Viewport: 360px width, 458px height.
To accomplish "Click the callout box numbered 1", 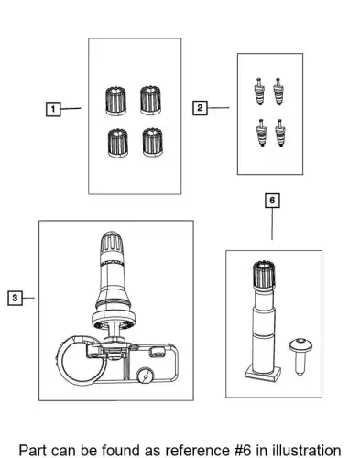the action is click(x=53, y=109).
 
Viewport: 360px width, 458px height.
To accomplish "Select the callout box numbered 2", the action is click(x=200, y=108).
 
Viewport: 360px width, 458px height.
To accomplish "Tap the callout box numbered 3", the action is click(x=15, y=298).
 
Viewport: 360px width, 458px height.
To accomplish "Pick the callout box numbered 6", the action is click(x=272, y=201).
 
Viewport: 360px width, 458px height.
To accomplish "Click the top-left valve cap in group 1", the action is click(x=116, y=101).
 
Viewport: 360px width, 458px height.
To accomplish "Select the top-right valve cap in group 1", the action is click(x=151, y=100).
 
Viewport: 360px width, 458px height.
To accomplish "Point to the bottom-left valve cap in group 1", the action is click(x=118, y=143).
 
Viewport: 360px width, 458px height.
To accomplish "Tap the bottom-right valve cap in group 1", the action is click(x=153, y=142).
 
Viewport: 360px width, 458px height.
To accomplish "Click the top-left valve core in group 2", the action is click(x=259, y=92).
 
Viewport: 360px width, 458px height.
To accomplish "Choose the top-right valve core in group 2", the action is click(x=278, y=92).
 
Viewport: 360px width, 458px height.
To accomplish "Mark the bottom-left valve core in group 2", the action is click(x=262, y=133).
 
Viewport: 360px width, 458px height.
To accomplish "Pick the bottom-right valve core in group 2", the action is click(x=280, y=133).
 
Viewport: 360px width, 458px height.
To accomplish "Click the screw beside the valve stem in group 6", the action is click(x=300, y=356).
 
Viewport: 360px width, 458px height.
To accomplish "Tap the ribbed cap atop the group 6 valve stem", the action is click(x=264, y=274).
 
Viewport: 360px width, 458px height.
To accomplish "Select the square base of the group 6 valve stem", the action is click(x=263, y=373).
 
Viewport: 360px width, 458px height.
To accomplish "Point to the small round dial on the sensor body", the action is click(x=145, y=376).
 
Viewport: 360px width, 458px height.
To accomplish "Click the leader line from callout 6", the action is click(x=272, y=224).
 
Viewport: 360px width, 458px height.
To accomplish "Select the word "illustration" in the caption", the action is click(x=307, y=451).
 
